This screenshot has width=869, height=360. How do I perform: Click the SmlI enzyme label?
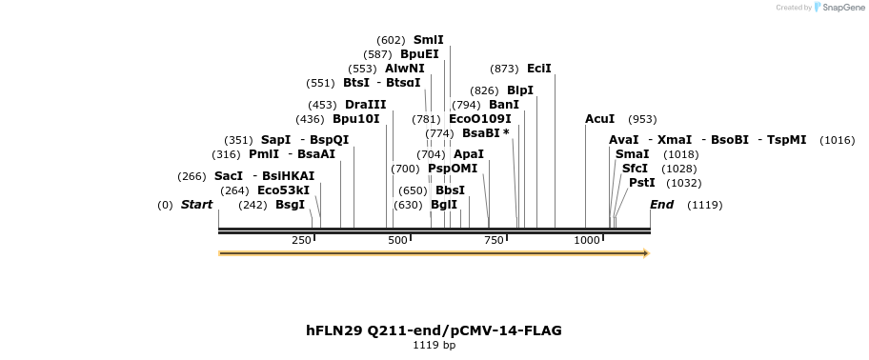tap(428, 40)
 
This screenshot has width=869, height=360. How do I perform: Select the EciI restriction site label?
tap(539, 69)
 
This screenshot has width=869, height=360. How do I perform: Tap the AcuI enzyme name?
tap(599, 119)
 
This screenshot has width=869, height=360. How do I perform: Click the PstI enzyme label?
tap(641, 183)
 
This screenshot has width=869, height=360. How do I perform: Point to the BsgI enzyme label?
tap(290, 205)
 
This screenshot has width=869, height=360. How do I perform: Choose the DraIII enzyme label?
tap(366, 105)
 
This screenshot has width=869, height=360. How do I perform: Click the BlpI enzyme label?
tap(520, 90)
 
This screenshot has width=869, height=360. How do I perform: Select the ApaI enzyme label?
tap(469, 154)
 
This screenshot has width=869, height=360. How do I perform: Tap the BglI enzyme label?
tap(444, 205)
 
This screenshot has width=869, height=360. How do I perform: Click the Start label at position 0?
tap(196, 205)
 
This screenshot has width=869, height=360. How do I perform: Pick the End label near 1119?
tap(661, 205)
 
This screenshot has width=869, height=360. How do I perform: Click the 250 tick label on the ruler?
tap(301, 240)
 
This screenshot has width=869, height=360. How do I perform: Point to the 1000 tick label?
tap(587, 240)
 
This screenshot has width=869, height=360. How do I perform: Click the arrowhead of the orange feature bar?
tap(645, 253)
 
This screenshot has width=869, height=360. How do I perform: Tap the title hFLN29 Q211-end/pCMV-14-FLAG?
tap(434, 330)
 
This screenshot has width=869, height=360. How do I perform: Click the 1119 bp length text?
tap(434, 345)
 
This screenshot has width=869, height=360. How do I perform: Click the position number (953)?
tap(642, 119)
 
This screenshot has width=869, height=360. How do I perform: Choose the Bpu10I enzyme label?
tap(355, 119)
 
